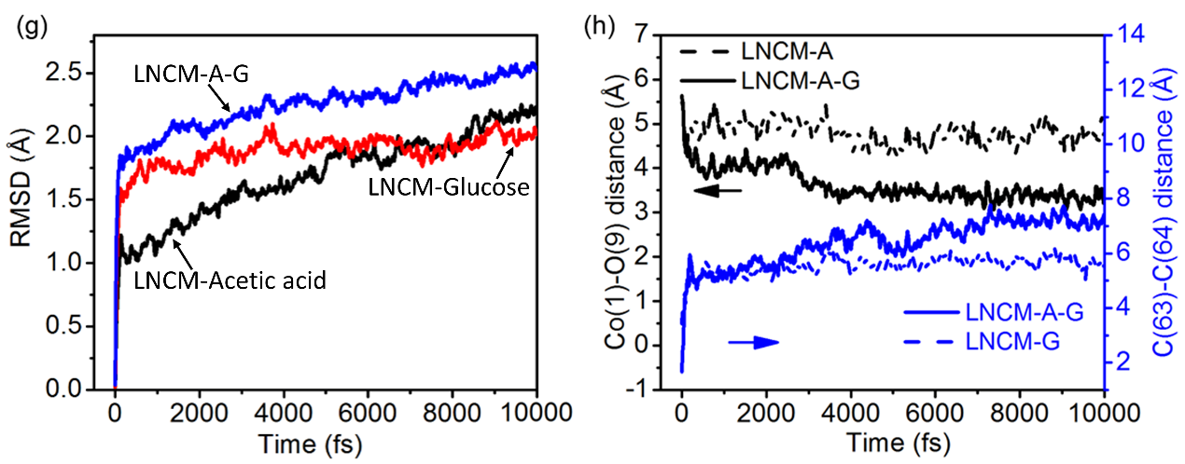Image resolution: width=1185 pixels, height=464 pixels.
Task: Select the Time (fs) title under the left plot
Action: click(x=325, y=442)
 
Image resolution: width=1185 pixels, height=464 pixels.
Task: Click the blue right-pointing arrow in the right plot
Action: click(x=753, y=343)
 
